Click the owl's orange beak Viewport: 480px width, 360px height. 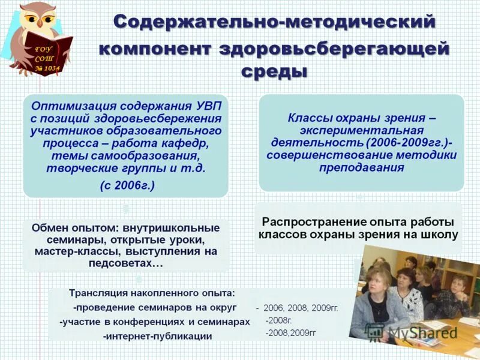[40, 23]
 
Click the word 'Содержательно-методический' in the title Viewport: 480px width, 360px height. [274, 22]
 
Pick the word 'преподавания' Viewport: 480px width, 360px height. [362, 168]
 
